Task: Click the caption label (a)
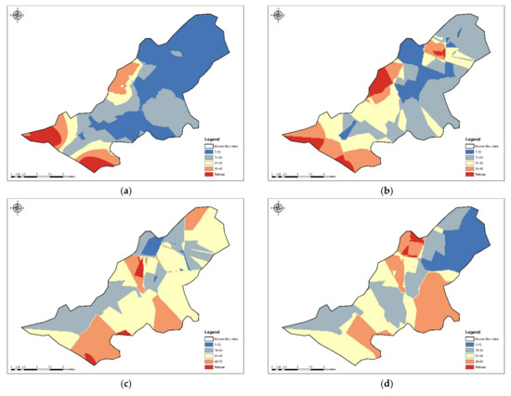pos(125,190)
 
